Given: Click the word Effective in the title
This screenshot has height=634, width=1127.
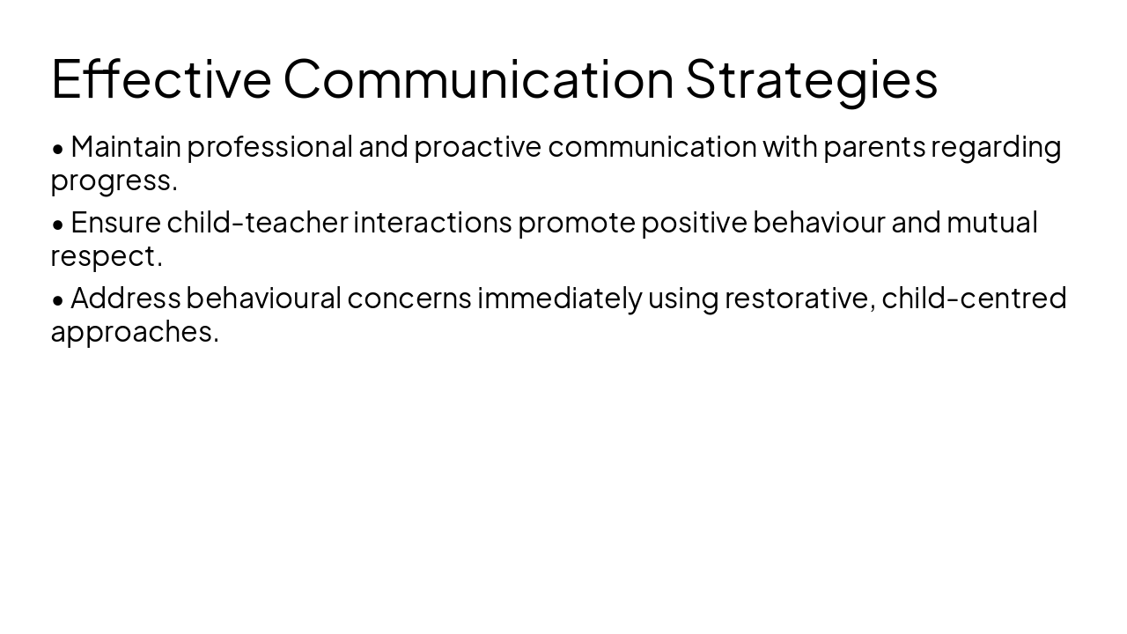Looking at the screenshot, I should (161, 78).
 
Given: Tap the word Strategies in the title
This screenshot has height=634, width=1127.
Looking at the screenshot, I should (811, 78).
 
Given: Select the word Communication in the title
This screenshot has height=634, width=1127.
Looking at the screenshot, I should (478, 78).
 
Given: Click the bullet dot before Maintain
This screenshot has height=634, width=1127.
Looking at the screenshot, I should (58, 148).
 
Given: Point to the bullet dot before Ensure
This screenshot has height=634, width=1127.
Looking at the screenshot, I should (58, 224).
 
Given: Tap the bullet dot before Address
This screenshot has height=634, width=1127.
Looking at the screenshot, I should (58, 299).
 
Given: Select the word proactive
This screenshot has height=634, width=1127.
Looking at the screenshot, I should (477, 147).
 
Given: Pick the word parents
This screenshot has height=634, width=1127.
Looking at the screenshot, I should (873, 147).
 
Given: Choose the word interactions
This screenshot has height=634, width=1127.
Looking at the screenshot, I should (432, 222).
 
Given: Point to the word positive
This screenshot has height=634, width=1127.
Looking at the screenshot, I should (694, 222).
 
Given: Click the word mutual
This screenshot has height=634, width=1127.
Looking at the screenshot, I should (991, 222).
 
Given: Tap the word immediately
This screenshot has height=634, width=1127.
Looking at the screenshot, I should (559, 298).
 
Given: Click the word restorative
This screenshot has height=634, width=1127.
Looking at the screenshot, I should (799, 298).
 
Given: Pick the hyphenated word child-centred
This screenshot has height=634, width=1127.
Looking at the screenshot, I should (974, 298).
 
